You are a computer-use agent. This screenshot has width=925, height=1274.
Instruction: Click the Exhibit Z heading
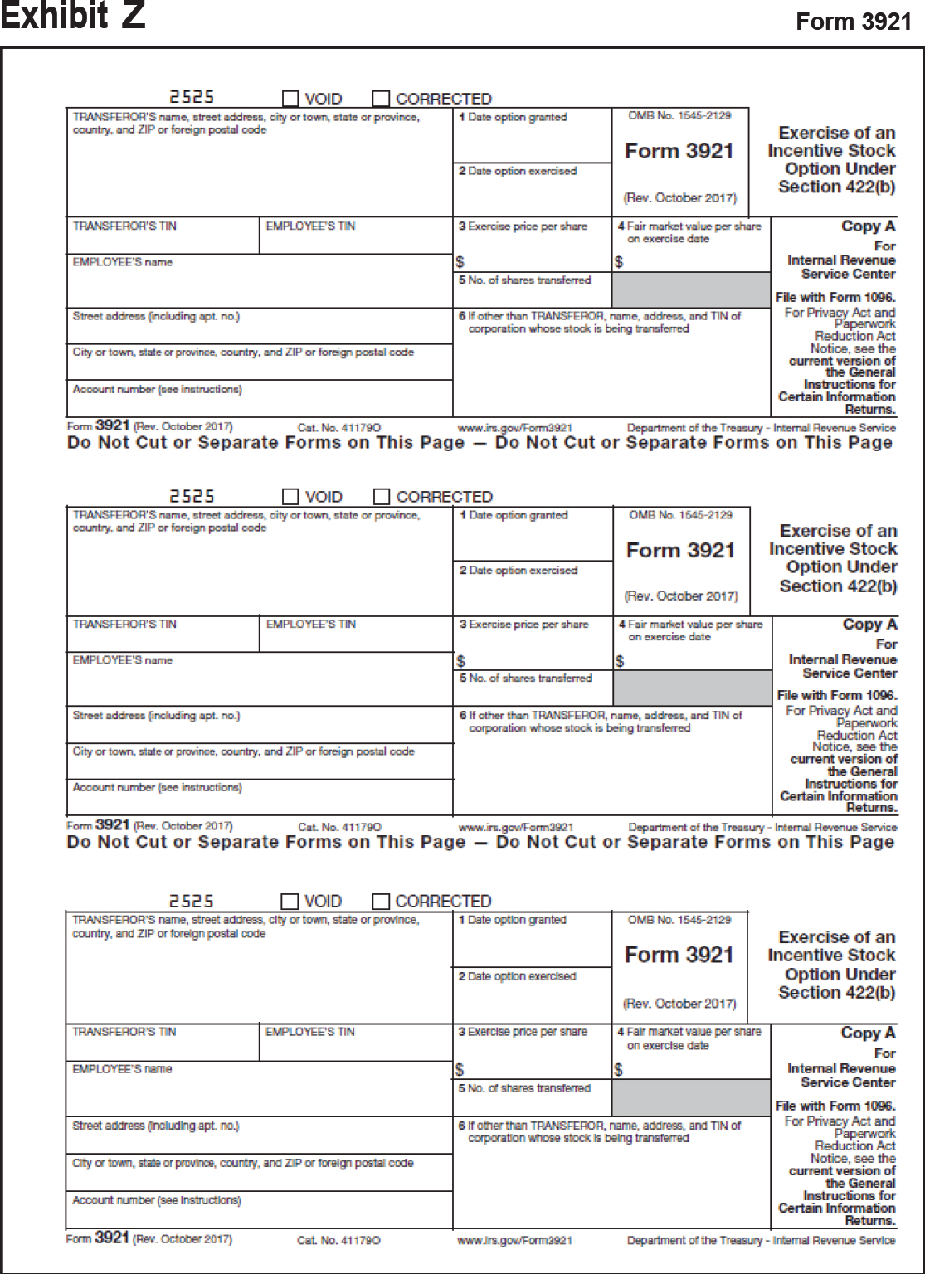[73, 17]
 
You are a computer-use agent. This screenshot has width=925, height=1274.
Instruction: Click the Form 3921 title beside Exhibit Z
[853, 22]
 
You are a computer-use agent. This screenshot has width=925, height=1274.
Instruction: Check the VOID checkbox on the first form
[290, 99]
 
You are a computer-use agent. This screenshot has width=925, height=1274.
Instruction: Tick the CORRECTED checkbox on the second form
[382, 497]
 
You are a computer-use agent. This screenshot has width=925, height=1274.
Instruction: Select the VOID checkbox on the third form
[290, 902]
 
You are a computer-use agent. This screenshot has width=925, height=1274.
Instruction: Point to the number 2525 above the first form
[192, 98]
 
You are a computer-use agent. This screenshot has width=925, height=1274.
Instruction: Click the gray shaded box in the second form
[692, 688]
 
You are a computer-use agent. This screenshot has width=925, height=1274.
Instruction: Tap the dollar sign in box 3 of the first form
[460, 263]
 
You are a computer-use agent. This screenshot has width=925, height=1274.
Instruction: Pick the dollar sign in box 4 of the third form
[618, 1070]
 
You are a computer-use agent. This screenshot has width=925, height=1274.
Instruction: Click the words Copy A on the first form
[868, 226]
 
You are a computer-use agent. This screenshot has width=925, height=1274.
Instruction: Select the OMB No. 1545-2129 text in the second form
[680, 515]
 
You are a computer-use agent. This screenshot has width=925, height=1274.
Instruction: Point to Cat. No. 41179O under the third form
[338, 1241]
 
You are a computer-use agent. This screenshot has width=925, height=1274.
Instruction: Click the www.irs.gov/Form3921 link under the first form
[514, 428]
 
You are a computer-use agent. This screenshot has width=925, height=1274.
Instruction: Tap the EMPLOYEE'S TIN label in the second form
[310, 625]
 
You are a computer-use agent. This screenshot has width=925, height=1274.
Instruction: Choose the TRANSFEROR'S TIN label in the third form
[124, 1032]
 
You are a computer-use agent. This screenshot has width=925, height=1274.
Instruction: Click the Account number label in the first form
[157, 389]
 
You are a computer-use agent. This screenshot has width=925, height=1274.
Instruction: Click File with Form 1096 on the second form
[836, 695]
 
